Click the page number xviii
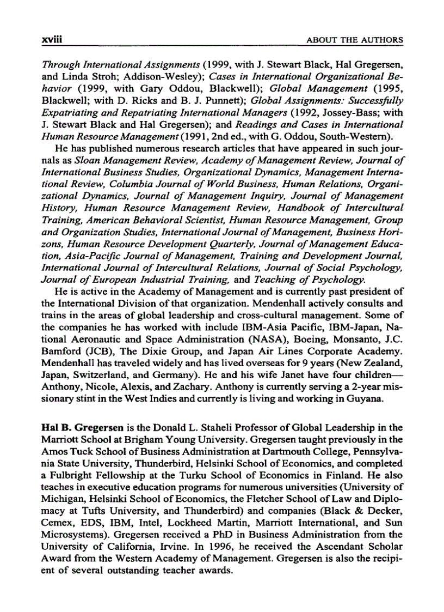[50, 40]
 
